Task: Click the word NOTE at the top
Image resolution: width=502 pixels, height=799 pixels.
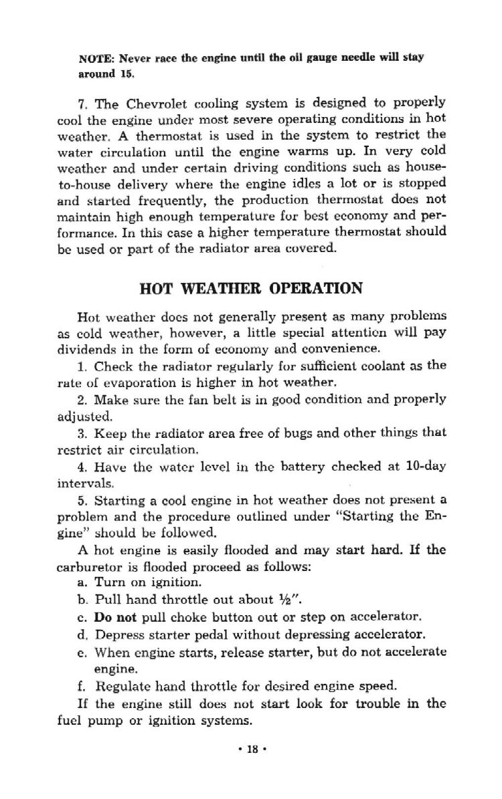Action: coord(93,58)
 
